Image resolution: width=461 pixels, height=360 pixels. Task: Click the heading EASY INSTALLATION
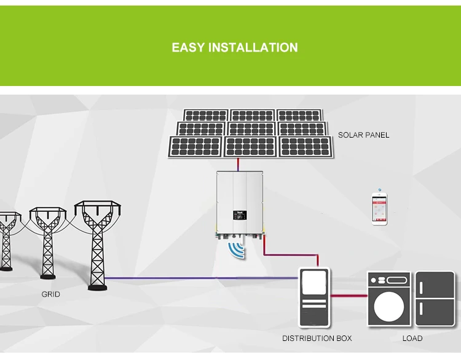click(x=234, y=48)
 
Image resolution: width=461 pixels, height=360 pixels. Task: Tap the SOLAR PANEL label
click(x=363, y=135)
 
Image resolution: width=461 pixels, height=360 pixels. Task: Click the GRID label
click(x=50, y=294)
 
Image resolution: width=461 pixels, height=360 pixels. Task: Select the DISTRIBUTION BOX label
click(x=317, y=338)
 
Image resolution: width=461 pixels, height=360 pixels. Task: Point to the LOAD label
click(x=412, y=338)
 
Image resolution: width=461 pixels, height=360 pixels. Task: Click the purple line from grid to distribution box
click(x=203, y=278)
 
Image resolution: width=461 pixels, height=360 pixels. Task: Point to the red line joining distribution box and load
click(x=349, y=296)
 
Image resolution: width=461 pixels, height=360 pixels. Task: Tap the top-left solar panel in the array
click(x=206, y=115)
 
